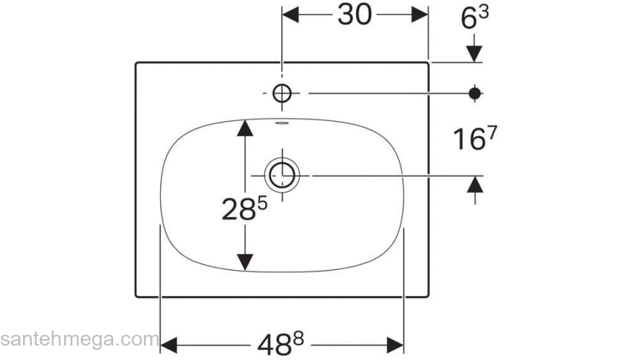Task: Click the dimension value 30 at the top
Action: click(x=354, y=16)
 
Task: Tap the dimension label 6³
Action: click(x=475, y=18)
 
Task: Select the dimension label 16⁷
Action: click(x=475, y=138)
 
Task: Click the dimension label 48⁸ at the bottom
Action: click(x=280, y=344)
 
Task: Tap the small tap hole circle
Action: click(x=282, y=94)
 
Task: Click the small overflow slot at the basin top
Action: click(x=282, y=123)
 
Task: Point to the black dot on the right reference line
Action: click(x=475, y=94)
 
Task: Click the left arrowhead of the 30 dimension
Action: click(x=290, y=15)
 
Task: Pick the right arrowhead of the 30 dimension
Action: click(x=420, y=15)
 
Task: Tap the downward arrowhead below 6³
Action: click(x=474, y=54)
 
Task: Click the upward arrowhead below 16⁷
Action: click(x=475, y=184)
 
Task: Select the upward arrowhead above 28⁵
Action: click(x=245, y=127)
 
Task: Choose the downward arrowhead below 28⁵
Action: click(x=245, y=262)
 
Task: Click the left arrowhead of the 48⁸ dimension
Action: click(x=169, y=346)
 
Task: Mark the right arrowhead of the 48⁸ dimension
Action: click(x=395, y=346)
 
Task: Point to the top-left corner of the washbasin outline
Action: click(x=136, y=63)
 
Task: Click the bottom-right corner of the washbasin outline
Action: click(x=428, y=297)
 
